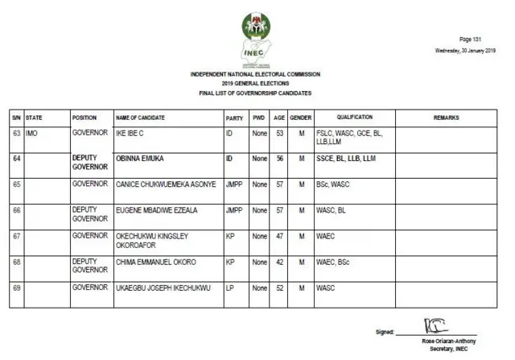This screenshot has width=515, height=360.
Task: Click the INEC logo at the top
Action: point(255,39)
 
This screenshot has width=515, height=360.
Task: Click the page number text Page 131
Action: point(470,39)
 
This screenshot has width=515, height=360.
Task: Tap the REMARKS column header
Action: point(447,118)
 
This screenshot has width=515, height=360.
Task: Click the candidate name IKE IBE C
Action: point(134,132)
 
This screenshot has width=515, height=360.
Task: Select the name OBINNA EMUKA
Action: point(139,159)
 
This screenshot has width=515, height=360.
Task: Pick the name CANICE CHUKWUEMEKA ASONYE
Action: point(166,184)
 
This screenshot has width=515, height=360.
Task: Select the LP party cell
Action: point(230,288)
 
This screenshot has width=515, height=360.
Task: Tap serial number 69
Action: point(16,288)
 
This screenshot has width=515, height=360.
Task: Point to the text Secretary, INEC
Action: point(447,346)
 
